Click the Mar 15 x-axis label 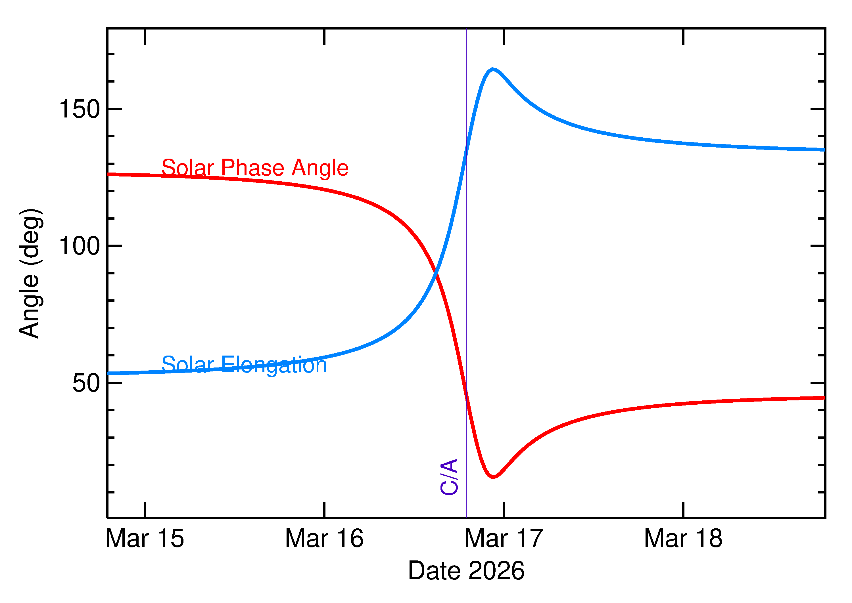pyautogui.click(x=145, y=539)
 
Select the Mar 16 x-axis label pyautogui.click(x=324, y=539)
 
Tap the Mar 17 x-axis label pyautogui.click(x=504, y=539)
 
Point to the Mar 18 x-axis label pyautogui.click(x=683, y=539)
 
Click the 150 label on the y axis pyautogui.click(x=80, y=110)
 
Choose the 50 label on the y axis pyautogui.click(x=86, y=383)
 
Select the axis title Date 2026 pyautogui.click(x=466, y=571)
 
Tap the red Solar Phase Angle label pyautogui.click(x=255, y=168)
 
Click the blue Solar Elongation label pyautogui.click(x=244, y=365)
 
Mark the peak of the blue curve pyautogui.click(x=493, y=70)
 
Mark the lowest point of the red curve pyautogui.click(x=493, y=477)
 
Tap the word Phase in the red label pyautogui.click(x=253, y=168)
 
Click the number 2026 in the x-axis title pyautogui.click(x=496, y=571)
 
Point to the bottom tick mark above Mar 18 pyautogui.click(x=683, y=509)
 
